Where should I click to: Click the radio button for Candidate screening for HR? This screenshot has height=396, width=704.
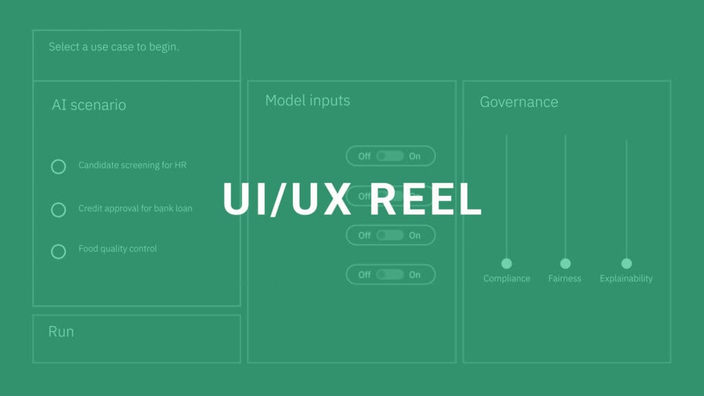[x=58, y=166]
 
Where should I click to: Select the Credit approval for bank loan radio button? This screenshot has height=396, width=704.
[x=58, y=209]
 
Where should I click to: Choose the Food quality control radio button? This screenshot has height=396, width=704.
[x=58, y=251]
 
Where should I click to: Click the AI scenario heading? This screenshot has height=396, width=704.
[x=89, y=105]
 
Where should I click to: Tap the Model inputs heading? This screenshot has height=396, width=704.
[x=307, y=100]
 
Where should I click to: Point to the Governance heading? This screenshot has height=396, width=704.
[x=518, y=102]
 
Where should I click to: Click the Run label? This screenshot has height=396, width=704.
[x=61, y=331]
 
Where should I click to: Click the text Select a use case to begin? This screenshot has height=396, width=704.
[x=113, y=47]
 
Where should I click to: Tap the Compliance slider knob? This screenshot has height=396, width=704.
[x=507, y=263]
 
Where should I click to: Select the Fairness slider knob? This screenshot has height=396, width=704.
[x=565, y=263]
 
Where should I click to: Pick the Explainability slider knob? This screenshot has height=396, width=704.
[x=626, y=263]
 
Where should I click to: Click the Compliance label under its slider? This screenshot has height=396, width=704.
[x=507, y=278]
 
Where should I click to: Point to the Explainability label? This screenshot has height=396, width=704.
[x=626, y=278]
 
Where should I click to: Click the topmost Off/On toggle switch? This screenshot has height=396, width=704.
[x=390, y=156]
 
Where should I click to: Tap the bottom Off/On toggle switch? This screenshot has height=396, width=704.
[x=390, y=274]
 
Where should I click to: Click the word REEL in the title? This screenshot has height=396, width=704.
[x=420, y=200]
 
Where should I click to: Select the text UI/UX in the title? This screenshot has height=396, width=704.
[x=289, y=200]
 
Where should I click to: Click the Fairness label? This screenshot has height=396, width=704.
[x=564, y=278]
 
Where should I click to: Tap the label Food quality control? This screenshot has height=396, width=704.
[x=118, y=248]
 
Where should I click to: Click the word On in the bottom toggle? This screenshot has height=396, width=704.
[x=415, y=274]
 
